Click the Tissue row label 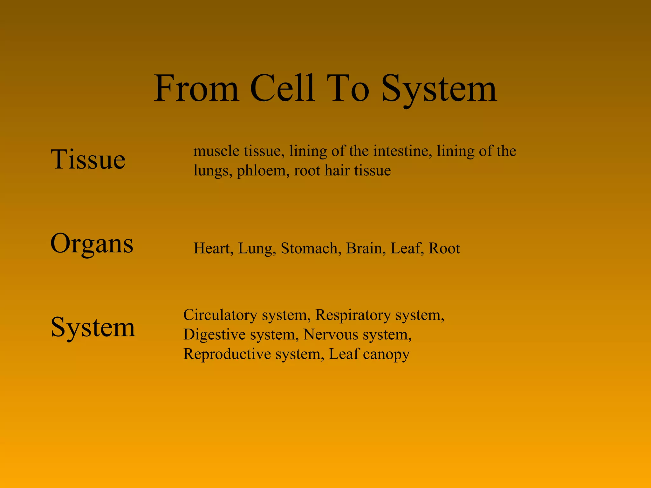click(x=88, y=159)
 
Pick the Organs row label click(x=92, y=244)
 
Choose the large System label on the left click(x=93, y=327)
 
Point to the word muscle click(x=216, y=151)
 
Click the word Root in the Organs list click(x=444, y=248)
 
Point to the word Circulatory click(x=220, y=315)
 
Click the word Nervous click(x=331, y=335)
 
